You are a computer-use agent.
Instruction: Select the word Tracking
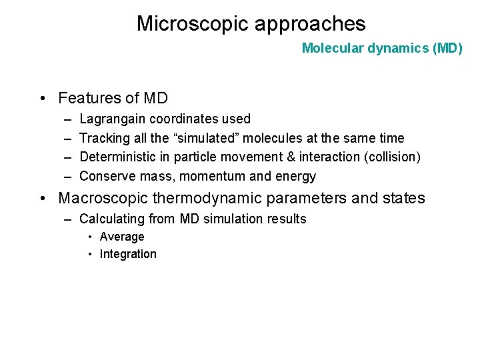coord(102,138)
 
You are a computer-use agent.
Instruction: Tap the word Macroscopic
coord(105,199)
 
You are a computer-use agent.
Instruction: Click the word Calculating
coord(109,219)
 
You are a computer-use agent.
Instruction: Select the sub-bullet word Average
coord(122,237)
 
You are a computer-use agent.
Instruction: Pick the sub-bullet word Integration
coord(128,254)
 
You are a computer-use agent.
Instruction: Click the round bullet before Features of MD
coord(43,99)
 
